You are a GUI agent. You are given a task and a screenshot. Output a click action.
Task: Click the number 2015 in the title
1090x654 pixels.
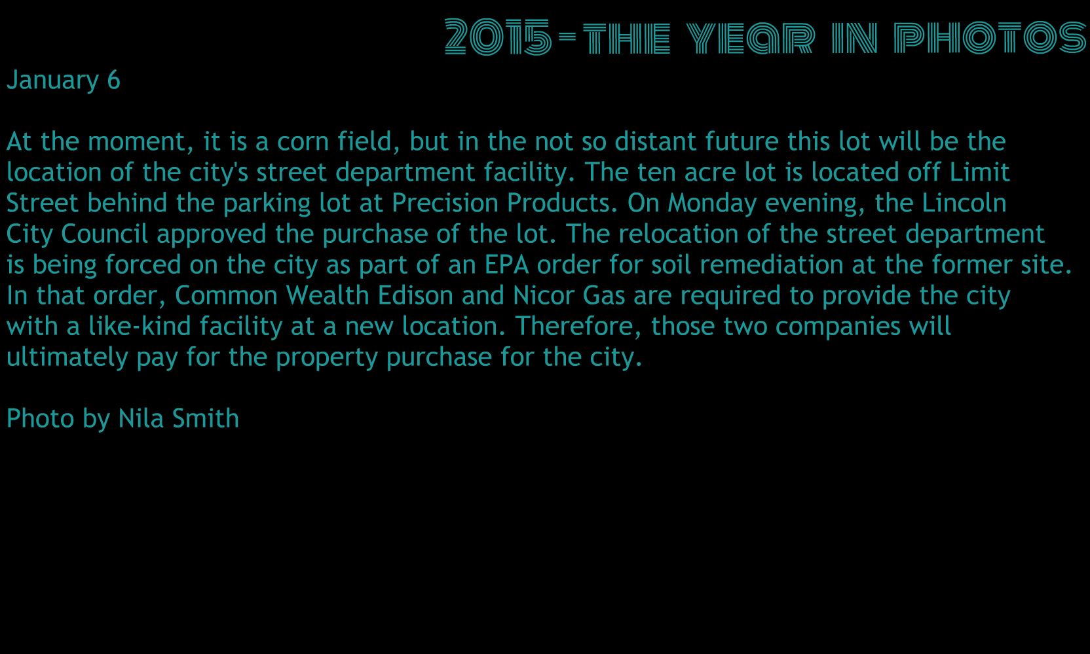click(498, 37)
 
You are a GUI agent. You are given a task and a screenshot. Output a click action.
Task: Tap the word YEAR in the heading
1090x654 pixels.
click(751, 37)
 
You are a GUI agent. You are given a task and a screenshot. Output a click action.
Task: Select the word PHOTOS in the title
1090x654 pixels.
click(990, 37)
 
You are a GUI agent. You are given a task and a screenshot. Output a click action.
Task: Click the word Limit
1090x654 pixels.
click(979, 172)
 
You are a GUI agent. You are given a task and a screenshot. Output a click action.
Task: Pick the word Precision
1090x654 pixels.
click(445, 203)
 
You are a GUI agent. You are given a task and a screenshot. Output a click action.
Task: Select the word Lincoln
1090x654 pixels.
click(964, 203)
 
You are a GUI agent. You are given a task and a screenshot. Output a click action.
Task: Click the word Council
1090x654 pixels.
click(104, 234)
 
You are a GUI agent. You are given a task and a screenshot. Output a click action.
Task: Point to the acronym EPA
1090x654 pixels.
click(506, 265)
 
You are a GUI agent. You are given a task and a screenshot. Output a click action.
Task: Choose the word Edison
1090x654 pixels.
click(415, 296)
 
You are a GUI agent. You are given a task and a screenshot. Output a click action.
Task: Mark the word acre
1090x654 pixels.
click(709, 173)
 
